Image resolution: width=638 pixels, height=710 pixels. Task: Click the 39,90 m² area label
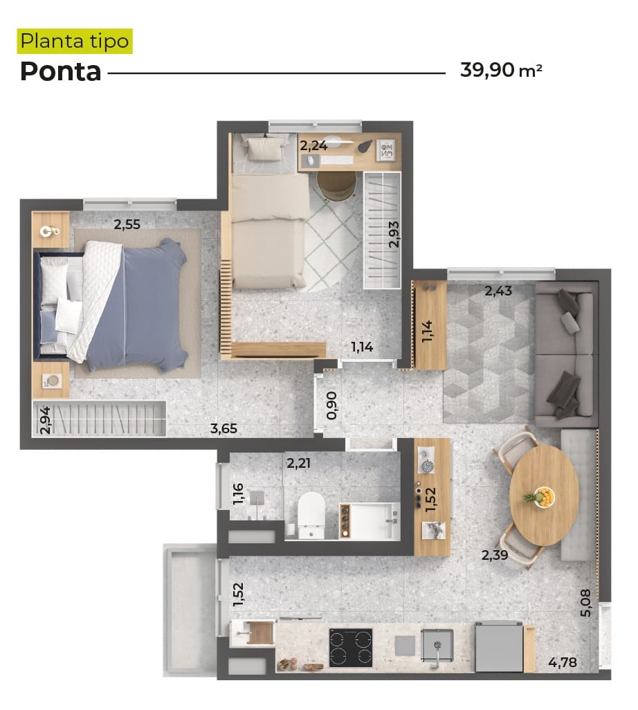point(501,70)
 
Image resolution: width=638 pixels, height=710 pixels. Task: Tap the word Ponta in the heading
point(61,71)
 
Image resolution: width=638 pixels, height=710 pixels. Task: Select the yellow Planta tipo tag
point(75,42)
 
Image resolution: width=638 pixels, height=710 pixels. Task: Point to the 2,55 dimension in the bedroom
point(127,224)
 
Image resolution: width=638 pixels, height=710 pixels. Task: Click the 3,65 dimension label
point(224,428)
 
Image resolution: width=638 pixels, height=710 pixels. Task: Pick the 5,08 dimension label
point(585,603)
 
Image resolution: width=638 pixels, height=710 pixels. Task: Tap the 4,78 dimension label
point(563,662)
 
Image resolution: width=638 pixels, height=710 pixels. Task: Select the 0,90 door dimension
point(332,406)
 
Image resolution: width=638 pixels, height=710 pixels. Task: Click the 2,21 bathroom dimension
point(298,463)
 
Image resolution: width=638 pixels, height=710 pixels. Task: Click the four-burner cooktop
point(351,648)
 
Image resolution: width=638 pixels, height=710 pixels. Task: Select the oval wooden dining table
point(544,495)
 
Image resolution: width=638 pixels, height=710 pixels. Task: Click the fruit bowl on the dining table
point(543,497)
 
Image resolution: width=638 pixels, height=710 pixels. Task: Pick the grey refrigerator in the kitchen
point(499,646)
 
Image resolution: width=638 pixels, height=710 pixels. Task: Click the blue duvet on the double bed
point(140,306)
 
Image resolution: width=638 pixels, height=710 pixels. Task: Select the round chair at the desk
point(335,185)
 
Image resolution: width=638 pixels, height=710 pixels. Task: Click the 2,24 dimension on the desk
point(313,145)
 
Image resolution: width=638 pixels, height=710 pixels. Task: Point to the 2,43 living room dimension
point(498,291)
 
